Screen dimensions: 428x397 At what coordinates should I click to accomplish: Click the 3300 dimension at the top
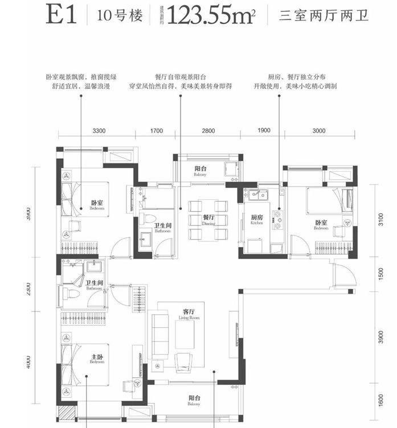coord(99,131)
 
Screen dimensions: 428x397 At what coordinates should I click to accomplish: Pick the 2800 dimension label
coord(208,131)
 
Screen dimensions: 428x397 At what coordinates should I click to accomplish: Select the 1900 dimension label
coord(263,131)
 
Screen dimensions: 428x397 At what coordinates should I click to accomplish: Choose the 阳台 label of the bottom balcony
coord(197,400)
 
